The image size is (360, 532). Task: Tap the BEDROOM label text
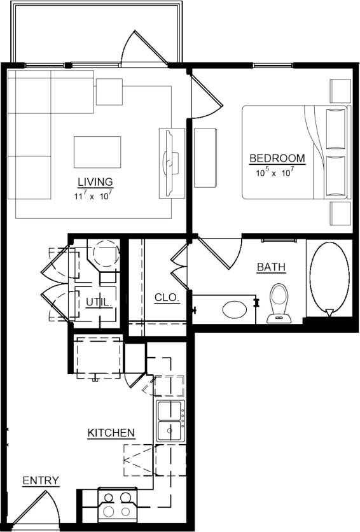[x=277, y=158]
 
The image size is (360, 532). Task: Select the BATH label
[x=271, y=268]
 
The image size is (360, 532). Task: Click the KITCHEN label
[x=111, y=433]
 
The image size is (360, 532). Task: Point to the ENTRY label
[x=41, y=480]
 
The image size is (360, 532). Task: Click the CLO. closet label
[x=167, y=297]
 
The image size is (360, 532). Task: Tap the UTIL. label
[x=99, y=303]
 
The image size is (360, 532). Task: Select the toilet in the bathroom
[x=278, y=302]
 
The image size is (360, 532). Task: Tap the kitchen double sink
[x=169, y=421]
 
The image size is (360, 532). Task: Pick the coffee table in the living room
[x=97, y=151]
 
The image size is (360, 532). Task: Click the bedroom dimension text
[x=276, y=172]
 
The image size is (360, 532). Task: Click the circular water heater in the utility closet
[x=105, y=253]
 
